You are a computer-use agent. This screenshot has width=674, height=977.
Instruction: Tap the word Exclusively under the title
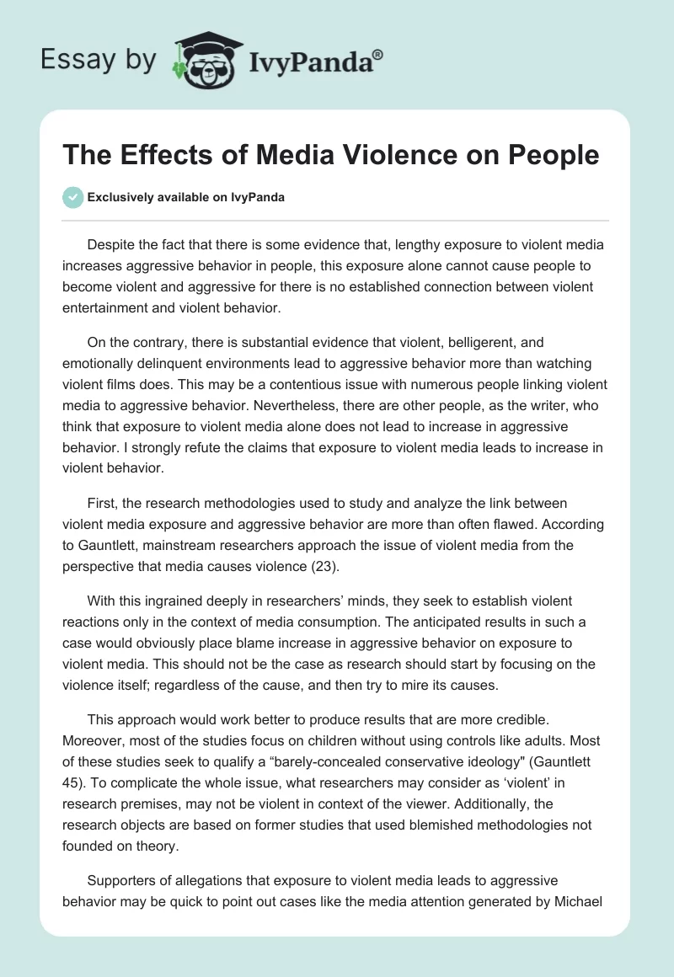tap(119, 198)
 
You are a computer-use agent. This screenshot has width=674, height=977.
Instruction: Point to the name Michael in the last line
tap(580, 902)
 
